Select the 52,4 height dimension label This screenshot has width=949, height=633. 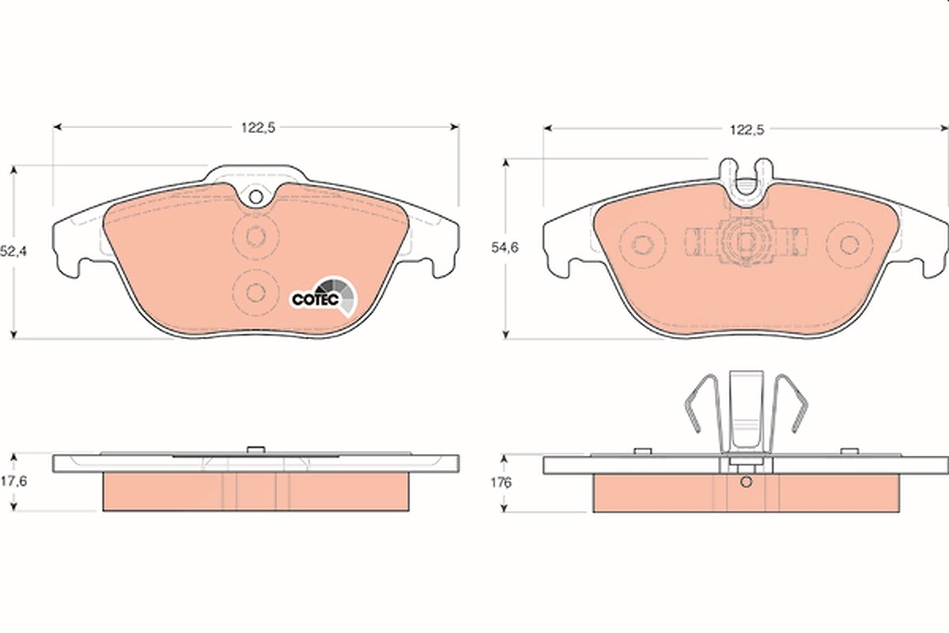[x=13, y=252]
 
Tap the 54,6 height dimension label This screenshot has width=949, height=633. [x=505, y=248]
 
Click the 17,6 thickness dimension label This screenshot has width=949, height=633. [x=13, y=481]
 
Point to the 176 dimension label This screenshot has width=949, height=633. [x=501, y=483]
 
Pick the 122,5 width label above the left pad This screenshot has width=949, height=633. [x=258, y=127]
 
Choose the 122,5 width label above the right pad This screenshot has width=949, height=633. [x=747, y=130]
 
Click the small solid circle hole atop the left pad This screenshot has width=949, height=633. [x=256, y=197]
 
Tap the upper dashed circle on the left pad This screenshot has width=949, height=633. [x=256, y=236]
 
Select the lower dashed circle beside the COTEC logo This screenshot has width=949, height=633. [x=256, y=293]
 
